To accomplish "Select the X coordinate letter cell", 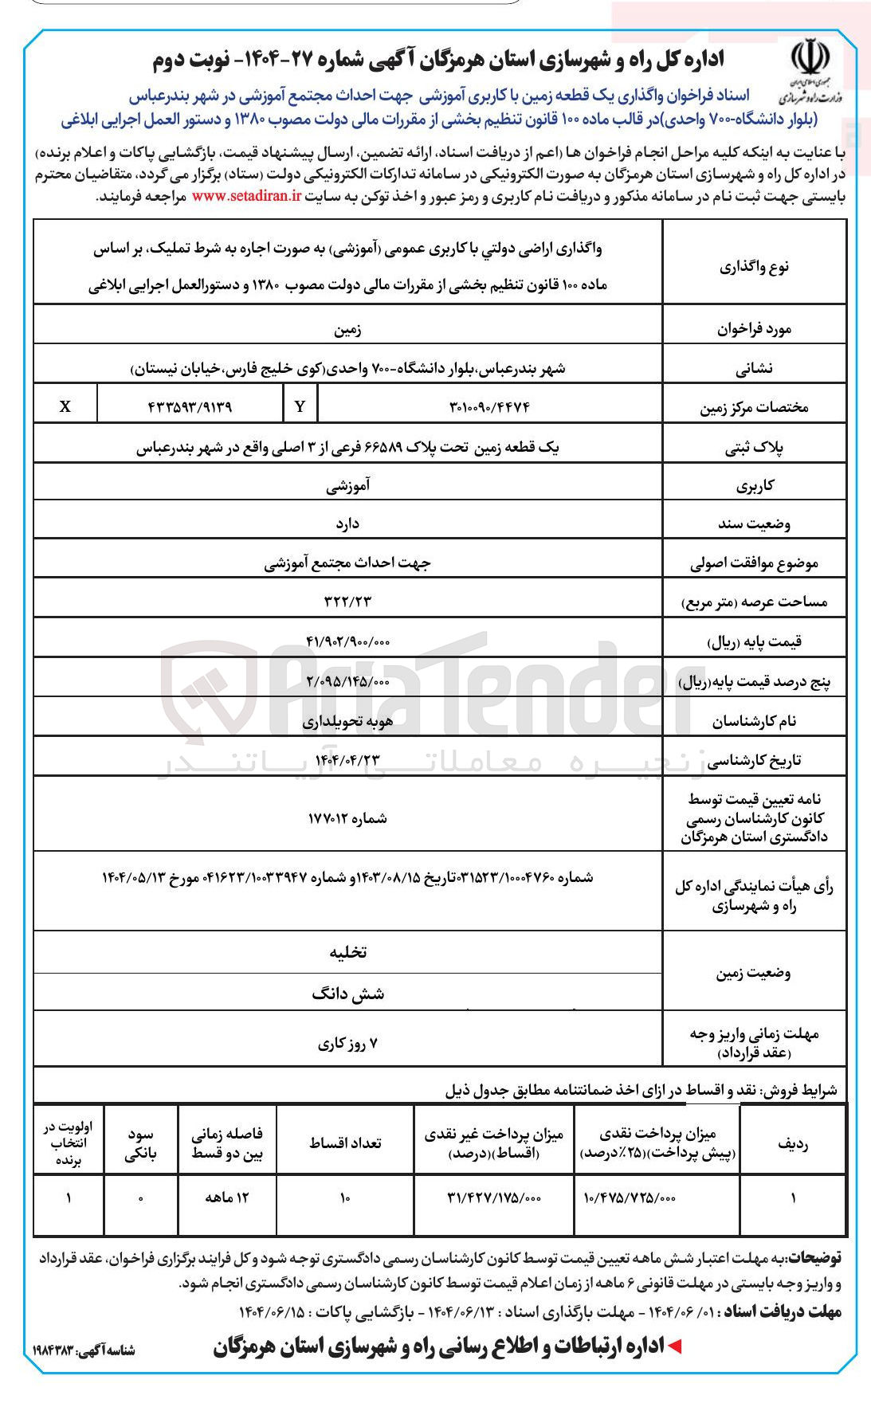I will pos(65,406).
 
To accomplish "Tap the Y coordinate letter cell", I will pos(300,406).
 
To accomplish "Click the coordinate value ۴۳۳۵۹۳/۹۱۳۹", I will pos(190,406).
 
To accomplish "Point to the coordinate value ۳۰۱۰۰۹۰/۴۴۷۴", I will pos(489,406).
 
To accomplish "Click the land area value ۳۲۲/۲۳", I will pos(347,602).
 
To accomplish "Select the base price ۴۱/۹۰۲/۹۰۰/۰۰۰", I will pos(347,641).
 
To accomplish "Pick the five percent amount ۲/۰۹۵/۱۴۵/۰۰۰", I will pos(347,681).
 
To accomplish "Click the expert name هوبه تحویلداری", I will pos(347,721).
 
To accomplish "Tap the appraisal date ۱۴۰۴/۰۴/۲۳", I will pos(347,759).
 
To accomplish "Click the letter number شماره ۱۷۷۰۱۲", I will pos(347,818).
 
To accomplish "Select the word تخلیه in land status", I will pos(348,952).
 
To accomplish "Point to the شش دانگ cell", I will pos(348,994).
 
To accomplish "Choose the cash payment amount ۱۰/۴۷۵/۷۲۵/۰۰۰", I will pos(630,1197).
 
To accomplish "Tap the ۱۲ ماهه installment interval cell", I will pos(227,1197).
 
